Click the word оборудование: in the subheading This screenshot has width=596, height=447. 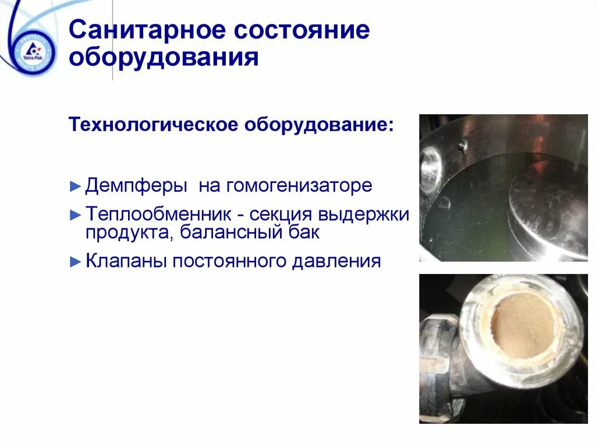[317, 125]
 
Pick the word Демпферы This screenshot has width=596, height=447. [136, 186]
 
